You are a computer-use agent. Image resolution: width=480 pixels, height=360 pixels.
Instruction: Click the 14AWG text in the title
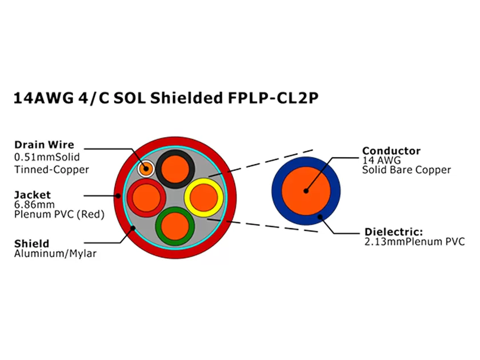pos(43,98)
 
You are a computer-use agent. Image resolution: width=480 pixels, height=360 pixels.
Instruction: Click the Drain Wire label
pos(44,145)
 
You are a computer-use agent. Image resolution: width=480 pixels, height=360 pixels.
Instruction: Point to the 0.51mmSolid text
pos(47,157)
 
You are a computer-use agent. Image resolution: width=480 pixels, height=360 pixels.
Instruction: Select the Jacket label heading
pos(33,195)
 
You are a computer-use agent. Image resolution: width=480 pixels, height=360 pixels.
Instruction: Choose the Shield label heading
pos(31,243)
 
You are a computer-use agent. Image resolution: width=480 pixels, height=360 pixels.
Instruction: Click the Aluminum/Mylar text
pos(55,254)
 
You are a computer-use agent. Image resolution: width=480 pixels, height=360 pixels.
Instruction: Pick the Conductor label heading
pos(391,151)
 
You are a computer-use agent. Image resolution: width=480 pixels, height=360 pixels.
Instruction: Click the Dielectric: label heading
pos(394,232)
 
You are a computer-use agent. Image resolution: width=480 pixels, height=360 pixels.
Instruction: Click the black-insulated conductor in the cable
pos(175,170)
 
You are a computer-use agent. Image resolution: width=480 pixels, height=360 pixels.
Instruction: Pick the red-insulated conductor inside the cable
pos(146,198)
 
